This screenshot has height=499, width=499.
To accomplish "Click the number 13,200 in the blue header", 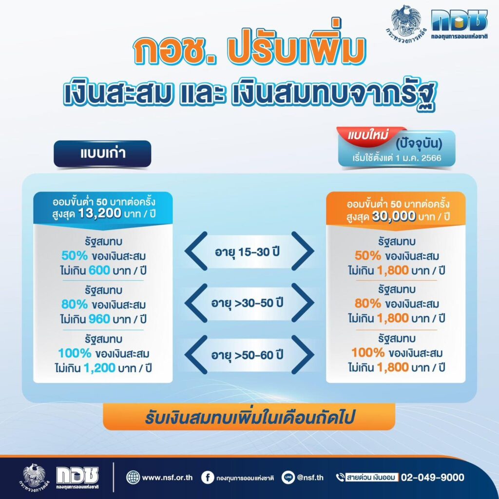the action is tap(99, 213).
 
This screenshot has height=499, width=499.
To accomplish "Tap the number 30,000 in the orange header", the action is tap(394, 216).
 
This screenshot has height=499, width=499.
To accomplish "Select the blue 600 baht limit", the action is tap(99, 270).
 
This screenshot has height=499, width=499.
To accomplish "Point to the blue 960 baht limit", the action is tap(99, 319).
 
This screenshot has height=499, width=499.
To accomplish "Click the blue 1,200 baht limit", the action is tap(99, 368).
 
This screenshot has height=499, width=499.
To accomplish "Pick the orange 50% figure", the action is tap(367, 255).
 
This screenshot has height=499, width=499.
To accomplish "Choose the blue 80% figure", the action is tap(75, 304).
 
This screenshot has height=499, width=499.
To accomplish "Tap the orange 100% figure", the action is tap(368, 353).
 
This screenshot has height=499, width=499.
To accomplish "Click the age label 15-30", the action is tap(247, 252).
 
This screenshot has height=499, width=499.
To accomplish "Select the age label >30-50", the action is tap(247, 303).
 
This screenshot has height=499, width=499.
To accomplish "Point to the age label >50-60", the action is tap(247, 355).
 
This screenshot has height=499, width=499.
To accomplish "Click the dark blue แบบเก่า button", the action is tap(102, 154).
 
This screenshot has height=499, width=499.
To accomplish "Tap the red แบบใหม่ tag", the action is tap(369, 136).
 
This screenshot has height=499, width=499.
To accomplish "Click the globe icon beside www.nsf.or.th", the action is tap(133, 478).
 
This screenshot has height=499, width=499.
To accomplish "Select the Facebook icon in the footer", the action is tap(208, 478).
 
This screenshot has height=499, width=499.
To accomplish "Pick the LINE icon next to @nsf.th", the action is tap(288, 478).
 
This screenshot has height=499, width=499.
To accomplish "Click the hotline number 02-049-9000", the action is tap(433, 478).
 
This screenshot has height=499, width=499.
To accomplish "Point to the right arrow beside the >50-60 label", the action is tap(303, 355).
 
